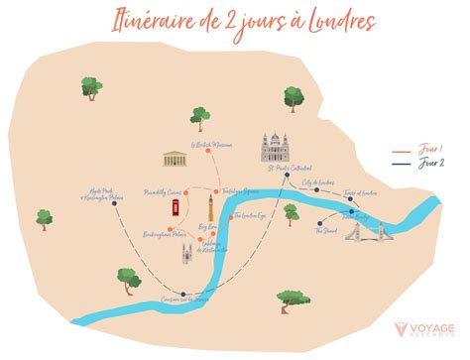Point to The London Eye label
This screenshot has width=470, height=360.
[x=250, y=216]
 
